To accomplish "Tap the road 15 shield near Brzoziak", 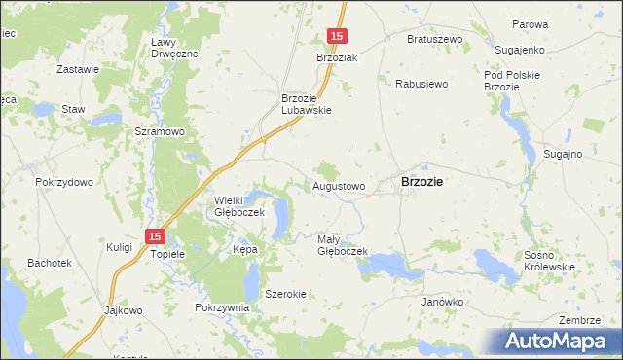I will (x=336, y=36).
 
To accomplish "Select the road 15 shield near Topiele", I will (x=155, y=235).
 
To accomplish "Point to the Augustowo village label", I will (x=339, y=185).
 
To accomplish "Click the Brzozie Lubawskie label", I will (x=307, y=103).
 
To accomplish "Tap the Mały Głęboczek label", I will (x=342, y=244).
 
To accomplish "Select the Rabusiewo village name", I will (x=421, y=84).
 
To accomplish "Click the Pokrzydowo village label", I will (x=63, y=182).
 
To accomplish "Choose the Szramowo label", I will (x=160, y=131).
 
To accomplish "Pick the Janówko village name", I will (x=442, y=302).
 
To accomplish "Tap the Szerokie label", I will (x=286, y=294).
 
